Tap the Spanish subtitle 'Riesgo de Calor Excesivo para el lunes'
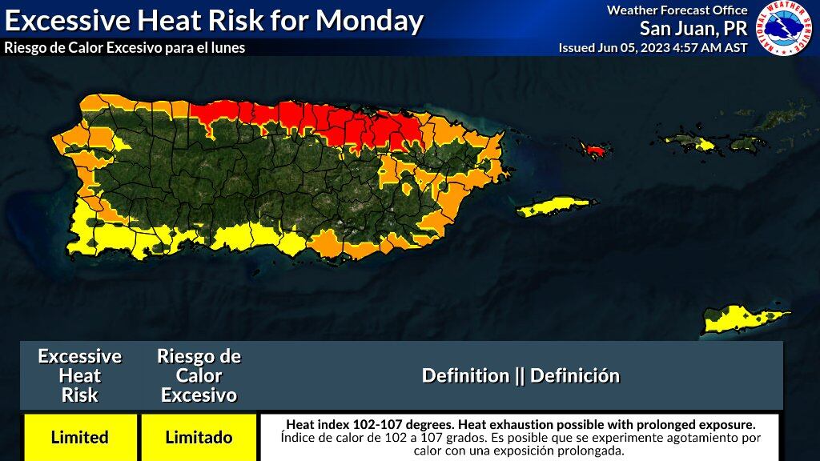point(124,48)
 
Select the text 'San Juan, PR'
point(693,29)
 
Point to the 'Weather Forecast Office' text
point(677,10)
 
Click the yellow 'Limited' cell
point(79,437)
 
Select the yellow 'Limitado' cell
point(199,437)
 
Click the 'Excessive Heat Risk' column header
point(79,375)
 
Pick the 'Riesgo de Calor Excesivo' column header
point(199,375)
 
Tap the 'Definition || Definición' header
point(521,375)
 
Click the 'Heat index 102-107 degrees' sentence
point(521,424)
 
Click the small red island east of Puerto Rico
point(594,150)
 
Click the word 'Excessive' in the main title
point(72,20)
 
